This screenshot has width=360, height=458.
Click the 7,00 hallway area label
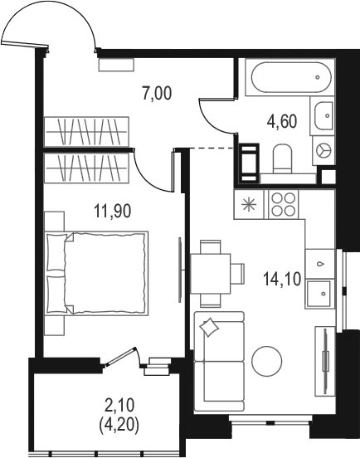(x=157, y=94)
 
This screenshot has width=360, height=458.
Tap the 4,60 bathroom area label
(x=282, y=121)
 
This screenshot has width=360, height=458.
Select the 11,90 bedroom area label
(x=113, y=211)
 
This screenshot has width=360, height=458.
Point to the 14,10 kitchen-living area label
(x=282, y=279)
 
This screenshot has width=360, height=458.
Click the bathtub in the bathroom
(x=290, y=77)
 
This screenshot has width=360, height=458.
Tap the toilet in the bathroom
(x=282, y=158)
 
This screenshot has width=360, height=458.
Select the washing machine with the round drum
(x=324, y=151)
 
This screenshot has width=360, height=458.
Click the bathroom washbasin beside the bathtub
(x=324, y=115)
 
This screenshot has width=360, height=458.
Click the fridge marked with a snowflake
(x=249, y=204)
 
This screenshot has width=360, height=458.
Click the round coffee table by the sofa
(x=267, y=361)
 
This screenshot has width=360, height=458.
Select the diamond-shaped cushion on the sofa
(x=209, y=327)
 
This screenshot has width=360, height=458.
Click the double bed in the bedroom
(x=96, y=274)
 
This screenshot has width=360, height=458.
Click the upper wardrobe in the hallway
(x=86, y=131)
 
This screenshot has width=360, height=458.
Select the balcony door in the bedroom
(x=121, y=356)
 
